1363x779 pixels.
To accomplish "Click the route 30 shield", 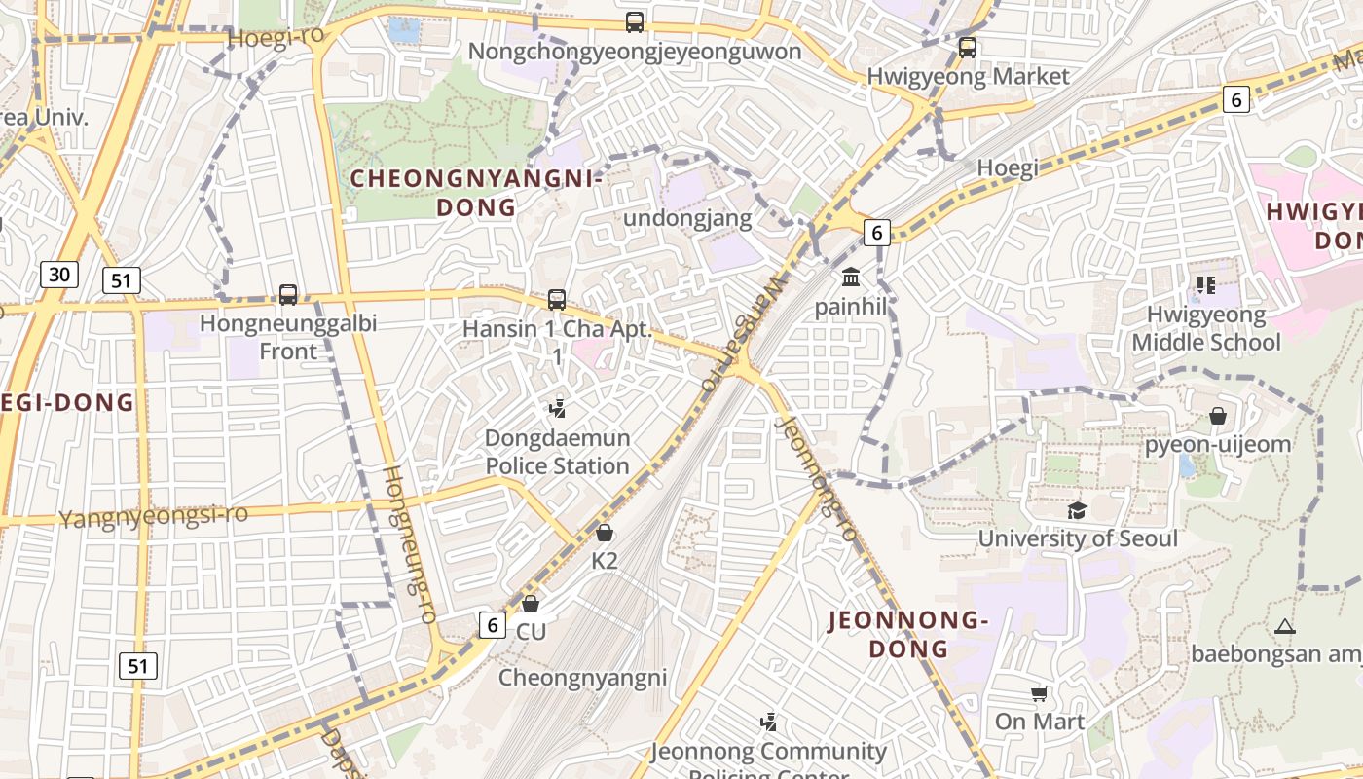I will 59,275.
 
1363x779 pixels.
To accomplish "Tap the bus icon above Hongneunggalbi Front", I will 287,294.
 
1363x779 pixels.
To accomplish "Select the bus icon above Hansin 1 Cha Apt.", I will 557,300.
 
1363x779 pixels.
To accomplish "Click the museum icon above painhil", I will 851,278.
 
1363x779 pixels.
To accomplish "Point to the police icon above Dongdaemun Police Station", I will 558,408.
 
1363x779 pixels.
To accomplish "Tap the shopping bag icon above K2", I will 605,533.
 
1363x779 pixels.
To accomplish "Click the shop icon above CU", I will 531,604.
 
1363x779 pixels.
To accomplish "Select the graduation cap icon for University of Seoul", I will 1077,510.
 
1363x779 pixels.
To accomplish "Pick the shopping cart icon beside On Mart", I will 1040,693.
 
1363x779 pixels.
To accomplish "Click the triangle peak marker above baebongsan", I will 1285,626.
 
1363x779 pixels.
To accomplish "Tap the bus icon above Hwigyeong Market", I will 967,47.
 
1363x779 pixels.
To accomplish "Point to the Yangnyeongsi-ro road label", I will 154,516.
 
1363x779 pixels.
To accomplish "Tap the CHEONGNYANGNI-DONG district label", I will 475,193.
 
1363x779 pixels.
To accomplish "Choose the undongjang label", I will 687,218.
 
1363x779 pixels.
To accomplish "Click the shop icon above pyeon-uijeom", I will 1217,416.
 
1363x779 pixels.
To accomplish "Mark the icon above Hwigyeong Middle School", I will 1206,285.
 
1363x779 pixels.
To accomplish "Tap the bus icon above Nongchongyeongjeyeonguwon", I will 635,21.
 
